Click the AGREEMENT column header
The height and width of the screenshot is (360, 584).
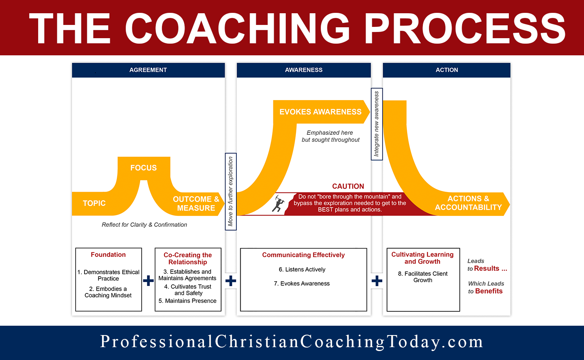[x=148, y=70]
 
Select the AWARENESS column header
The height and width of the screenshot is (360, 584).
[x=304, y=70]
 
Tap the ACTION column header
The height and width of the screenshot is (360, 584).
[x=447, y=70]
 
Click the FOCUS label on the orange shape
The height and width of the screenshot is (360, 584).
[x=143, y=168]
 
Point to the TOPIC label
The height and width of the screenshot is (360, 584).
[x=94, y=203]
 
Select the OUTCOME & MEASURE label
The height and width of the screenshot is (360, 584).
[x=196, y=203]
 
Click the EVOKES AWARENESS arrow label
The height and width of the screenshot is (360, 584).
[x=320, y=112]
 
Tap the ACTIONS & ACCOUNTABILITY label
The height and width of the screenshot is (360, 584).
[x=468, y=203]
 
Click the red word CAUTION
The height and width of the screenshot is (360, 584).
[x=348, y=186]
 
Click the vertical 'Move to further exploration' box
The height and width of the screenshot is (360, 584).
[x=230, y=191]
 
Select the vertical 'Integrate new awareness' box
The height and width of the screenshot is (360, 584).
[x=376, y=124]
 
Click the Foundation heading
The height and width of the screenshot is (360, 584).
[x=108, y=255]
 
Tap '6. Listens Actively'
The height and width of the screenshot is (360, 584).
[x=302, y=270]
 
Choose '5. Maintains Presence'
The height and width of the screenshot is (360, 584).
[x=187, y=301]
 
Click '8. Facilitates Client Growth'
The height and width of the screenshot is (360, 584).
[x=423, y=277]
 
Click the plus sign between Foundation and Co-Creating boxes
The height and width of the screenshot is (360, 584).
[x=148, y=281]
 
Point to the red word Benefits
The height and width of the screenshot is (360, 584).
[x=489, y=291]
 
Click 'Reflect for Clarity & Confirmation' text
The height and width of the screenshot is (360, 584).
[x=144, y=225]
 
